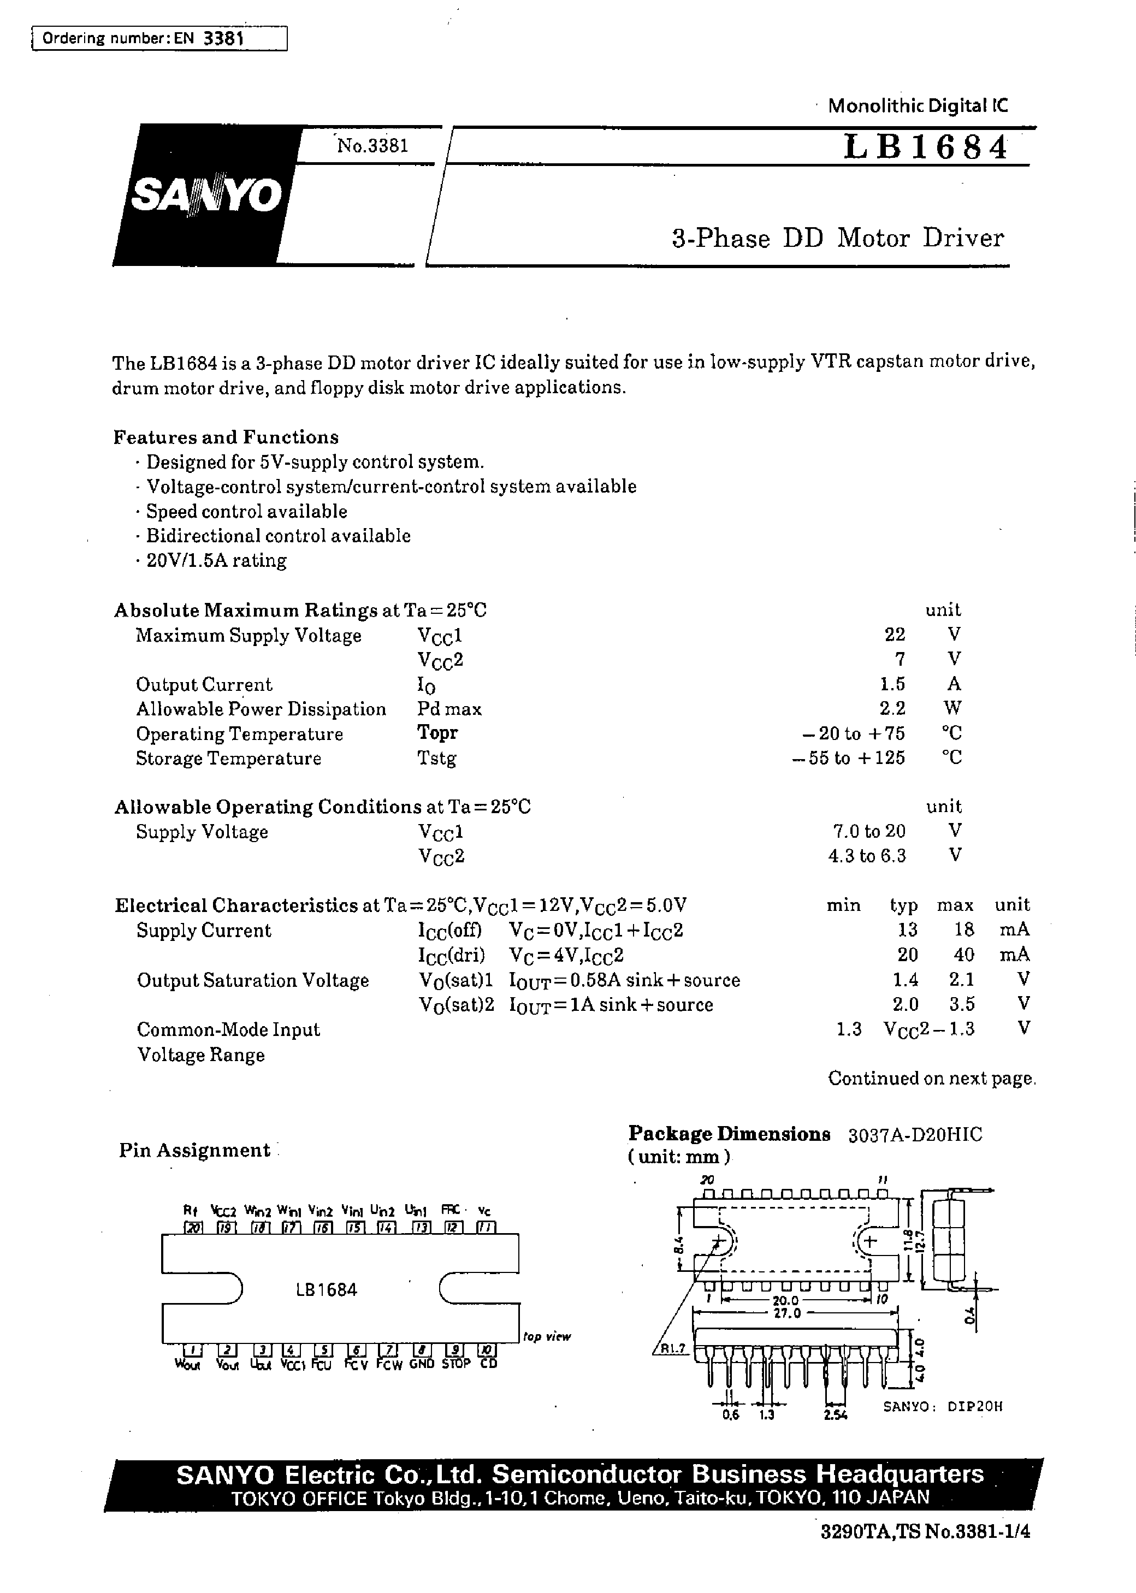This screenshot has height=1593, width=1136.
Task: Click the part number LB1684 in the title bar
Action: pos(925,147)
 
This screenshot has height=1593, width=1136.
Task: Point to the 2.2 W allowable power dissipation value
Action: pos(892,708)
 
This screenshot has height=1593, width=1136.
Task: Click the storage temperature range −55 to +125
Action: pos(849,758)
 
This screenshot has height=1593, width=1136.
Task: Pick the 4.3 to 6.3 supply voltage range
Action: pos(867,856)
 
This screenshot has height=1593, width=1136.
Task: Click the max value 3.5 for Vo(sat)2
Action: pos(962,1005)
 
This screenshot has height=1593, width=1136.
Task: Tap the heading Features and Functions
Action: pos(226,437)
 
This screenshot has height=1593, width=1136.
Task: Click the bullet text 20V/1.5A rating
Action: pos(216,560)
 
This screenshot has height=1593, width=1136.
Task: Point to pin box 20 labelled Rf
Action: pos(192,1227)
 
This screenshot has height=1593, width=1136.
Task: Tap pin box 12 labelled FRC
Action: pos(453,1227)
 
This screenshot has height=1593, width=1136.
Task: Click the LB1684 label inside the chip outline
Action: pos(327,1289)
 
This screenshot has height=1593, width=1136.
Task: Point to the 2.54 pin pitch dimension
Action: pos(836,1414)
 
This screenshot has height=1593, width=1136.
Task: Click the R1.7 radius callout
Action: pos(672,1349)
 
